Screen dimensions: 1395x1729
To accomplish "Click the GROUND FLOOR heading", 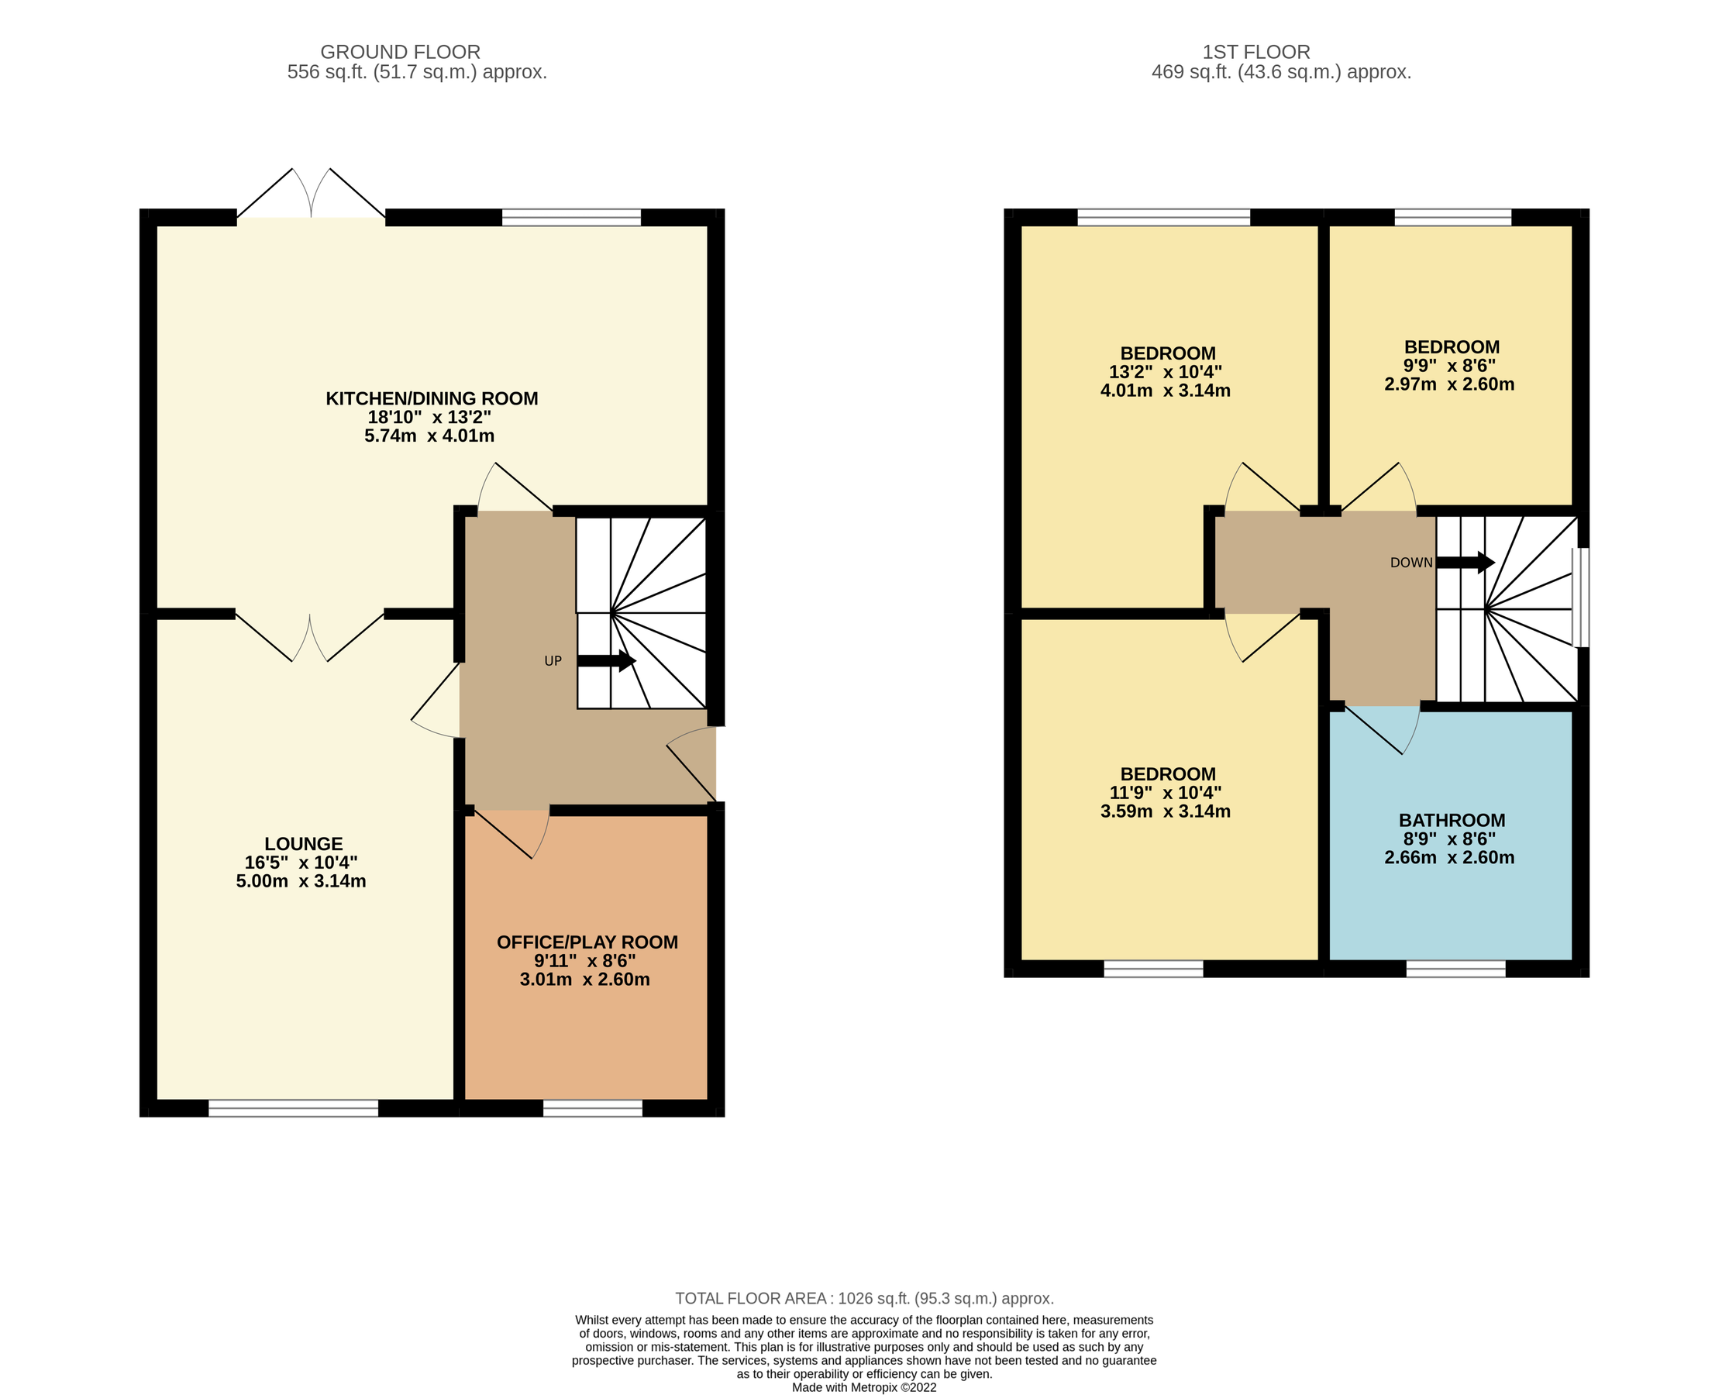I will click(x=400, y=52).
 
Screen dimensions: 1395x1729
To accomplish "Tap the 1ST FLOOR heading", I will click(x=1255, y=52).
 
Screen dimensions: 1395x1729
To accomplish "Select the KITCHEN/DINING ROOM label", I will click(x=432, y=398).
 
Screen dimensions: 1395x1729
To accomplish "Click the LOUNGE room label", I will click(x=304, y=844).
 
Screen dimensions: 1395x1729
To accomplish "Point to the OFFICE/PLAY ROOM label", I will click(x=587, y=942).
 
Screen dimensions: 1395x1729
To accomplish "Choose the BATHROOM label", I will click(x=1452, y=821).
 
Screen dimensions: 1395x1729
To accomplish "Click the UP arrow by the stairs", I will click(x=606, y=661).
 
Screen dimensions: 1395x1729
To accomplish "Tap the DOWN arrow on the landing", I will click(x=1465, y=563).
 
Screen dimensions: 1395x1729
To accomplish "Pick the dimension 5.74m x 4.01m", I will click(x=429, y=436).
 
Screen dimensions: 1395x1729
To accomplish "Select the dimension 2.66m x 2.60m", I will click(x=1448, y=857).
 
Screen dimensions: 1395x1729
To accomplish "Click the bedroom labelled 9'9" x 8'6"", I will click(x=1451, y=366).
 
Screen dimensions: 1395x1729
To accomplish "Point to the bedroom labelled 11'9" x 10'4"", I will click(x=1166, y=792).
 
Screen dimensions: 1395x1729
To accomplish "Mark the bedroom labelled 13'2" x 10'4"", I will click(x=1166, y=371).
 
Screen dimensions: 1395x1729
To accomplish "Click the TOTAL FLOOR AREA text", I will click(x=863, y=1299).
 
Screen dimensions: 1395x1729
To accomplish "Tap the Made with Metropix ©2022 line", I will click(x=863, y=1387).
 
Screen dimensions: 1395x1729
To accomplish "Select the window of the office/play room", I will click(x=592, y=1108).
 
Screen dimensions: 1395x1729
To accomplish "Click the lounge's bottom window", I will click(x=293, y=1108).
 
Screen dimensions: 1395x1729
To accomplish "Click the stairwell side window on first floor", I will click(x=1579, y=597).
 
